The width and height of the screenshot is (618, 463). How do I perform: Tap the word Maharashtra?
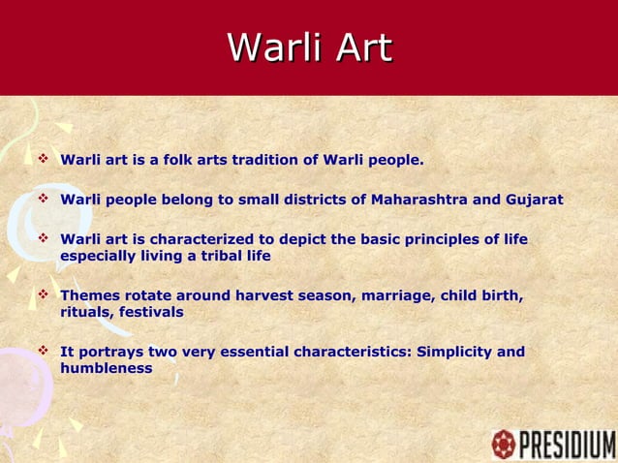coord(419,200)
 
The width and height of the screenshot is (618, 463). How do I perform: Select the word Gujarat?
coord(532,200)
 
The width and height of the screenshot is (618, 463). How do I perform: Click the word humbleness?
coord(106,369)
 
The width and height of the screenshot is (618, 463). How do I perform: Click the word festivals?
coord(151,313)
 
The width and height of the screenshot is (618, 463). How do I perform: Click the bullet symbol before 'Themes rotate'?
coord(43,294)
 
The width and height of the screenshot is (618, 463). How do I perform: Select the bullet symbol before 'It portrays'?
coord(43,351)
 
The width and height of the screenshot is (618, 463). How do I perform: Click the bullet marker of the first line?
coord(43,158)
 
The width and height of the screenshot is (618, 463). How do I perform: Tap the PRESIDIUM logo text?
coord(567,446)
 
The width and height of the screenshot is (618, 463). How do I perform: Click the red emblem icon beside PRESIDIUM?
coord(503,445)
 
